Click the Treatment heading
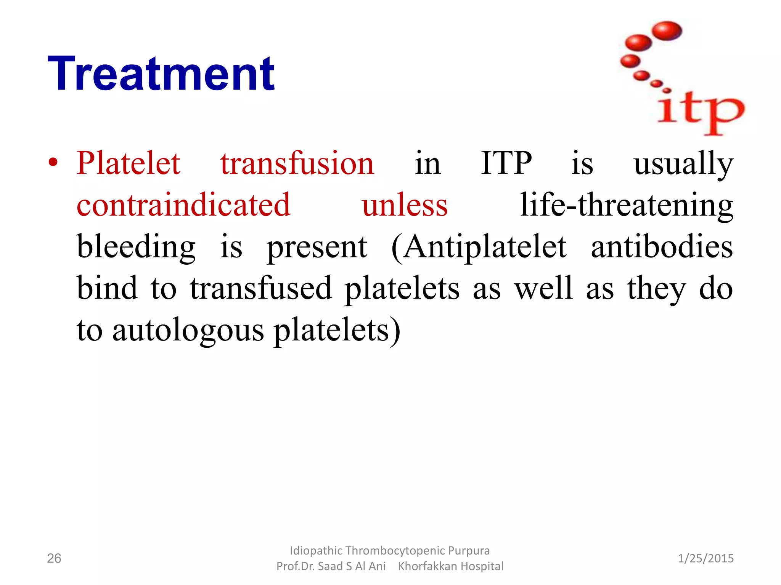(161, 74)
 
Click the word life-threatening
(626, 206)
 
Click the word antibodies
(662, 247)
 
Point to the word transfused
(261, 289)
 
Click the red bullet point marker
(53, 163)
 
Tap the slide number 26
(54, 558)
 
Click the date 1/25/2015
(705, 558)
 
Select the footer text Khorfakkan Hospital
(450, 566)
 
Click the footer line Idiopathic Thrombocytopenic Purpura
(389, 551)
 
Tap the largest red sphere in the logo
(667, 31)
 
